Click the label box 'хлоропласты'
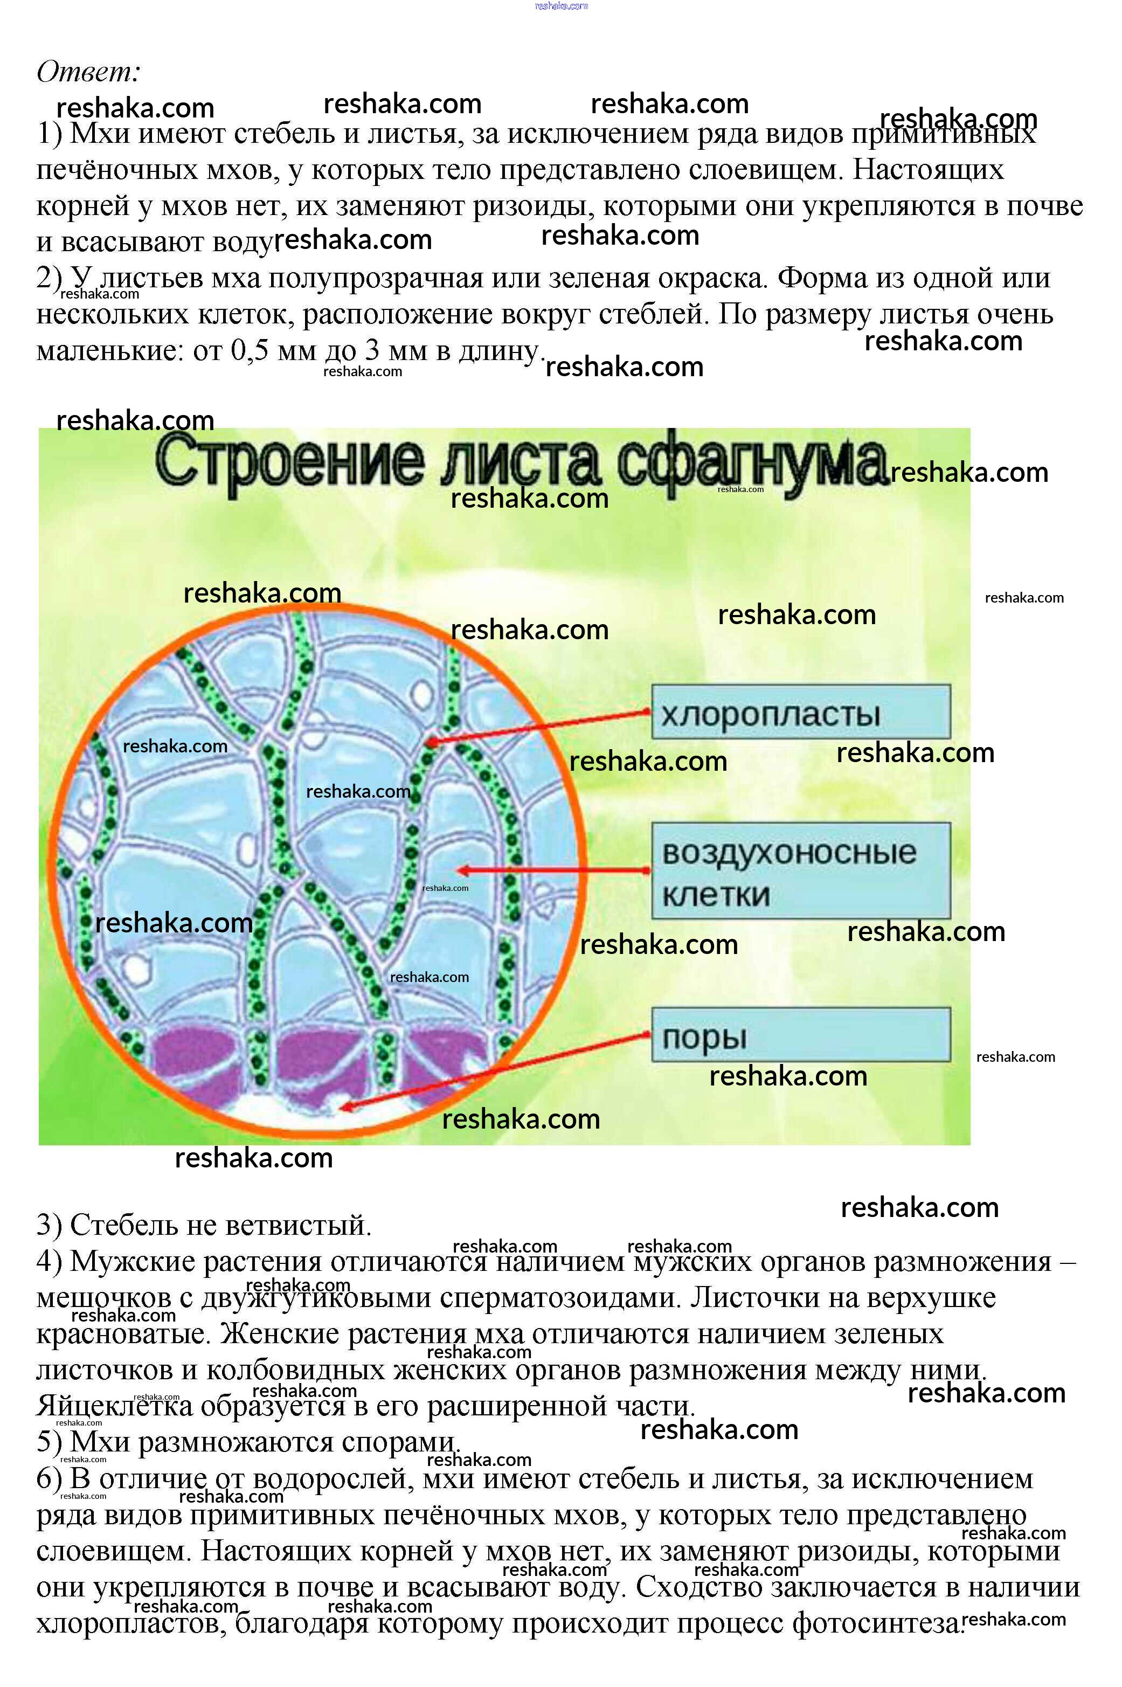coord(801,712)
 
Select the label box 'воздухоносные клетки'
coord(801,870)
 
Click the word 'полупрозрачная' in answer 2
coord(376,278)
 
